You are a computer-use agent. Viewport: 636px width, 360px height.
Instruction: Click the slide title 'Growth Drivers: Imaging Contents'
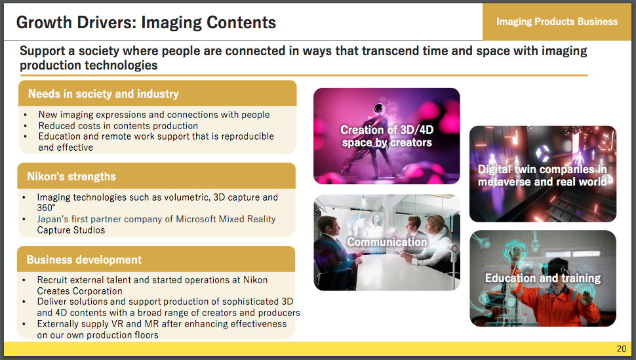pos(146,22)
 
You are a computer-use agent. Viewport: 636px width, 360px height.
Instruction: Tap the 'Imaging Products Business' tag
pos(557,22)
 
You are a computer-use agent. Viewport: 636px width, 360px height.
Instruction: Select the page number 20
pos(622,349)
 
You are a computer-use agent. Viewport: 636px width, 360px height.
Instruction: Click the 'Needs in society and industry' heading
pos(104,94)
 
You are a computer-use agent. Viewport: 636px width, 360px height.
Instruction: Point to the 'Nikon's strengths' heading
pos(71,176)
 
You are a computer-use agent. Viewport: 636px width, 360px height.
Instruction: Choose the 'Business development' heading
pos(84,260)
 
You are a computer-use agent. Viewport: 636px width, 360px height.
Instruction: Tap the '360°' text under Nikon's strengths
pos(46,208)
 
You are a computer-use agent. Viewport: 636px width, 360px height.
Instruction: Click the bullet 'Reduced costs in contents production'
pos(118,126)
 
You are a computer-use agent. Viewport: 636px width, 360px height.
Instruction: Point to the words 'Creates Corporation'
pos(79,291)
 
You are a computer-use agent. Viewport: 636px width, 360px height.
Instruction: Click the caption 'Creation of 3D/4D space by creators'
pos(387,136)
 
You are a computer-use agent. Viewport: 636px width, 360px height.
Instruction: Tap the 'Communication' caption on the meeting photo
pos(387,242)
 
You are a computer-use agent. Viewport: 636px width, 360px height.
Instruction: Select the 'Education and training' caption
pos(543,278)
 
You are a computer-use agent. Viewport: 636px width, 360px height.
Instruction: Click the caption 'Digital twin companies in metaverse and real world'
pos(542,175)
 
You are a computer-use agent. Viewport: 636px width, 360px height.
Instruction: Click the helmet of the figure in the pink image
pos(378,109)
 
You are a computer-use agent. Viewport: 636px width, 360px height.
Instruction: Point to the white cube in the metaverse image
pos(542,153)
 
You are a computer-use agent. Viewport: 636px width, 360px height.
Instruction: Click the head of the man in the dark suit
pos(328,226)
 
